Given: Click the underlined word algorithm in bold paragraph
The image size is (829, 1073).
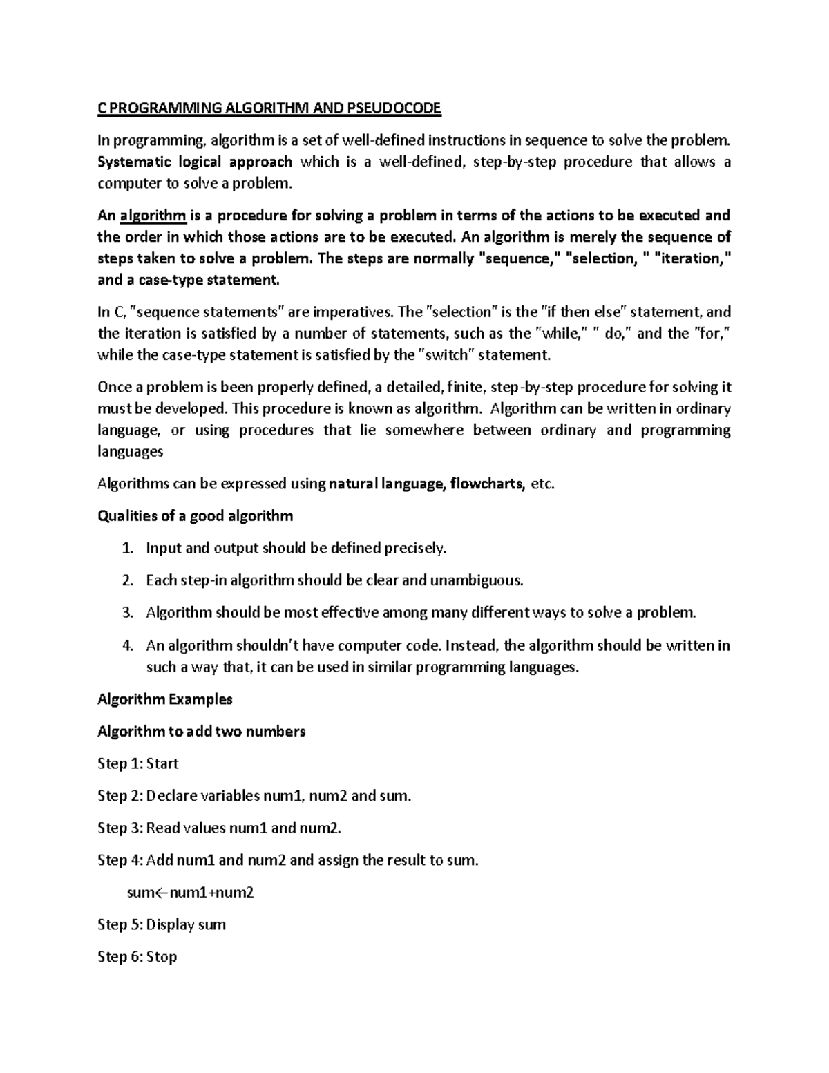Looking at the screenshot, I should point(153,216).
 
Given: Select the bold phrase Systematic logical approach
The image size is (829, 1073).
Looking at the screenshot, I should point(195,162).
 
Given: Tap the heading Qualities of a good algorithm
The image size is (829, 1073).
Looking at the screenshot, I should point(196,516).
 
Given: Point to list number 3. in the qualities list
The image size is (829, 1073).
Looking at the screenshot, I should point(126,613).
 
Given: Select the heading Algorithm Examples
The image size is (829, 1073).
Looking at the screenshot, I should point(165,699).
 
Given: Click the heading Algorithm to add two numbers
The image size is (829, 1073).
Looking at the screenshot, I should point(202,732).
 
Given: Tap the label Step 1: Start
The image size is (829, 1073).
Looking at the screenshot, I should point(138,764).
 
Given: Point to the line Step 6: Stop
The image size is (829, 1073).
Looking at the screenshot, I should point(137,958).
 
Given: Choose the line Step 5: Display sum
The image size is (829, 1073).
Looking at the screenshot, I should point(162,925).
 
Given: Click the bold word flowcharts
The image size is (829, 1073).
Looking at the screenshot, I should point(486,484).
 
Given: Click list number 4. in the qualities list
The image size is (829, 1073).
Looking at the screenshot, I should point(126,646).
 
